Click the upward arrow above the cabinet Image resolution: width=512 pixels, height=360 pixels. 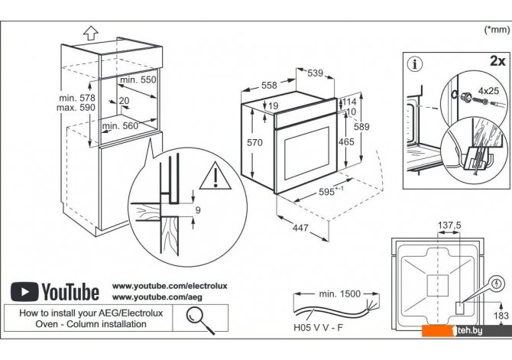click(89, 32)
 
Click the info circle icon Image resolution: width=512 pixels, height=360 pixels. click(416, 63)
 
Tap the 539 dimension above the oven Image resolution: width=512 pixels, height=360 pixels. click(315, 73)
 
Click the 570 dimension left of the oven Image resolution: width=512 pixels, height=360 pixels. click(257, 143)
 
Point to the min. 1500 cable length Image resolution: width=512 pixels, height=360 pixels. click(340, 294)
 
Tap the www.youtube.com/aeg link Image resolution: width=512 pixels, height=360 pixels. click(151, 296)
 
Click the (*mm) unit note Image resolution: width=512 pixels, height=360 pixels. click(497, 29)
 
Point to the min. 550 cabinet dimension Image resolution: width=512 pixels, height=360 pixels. click(138, 79)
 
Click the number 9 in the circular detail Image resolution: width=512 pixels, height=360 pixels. click(197, 209)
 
